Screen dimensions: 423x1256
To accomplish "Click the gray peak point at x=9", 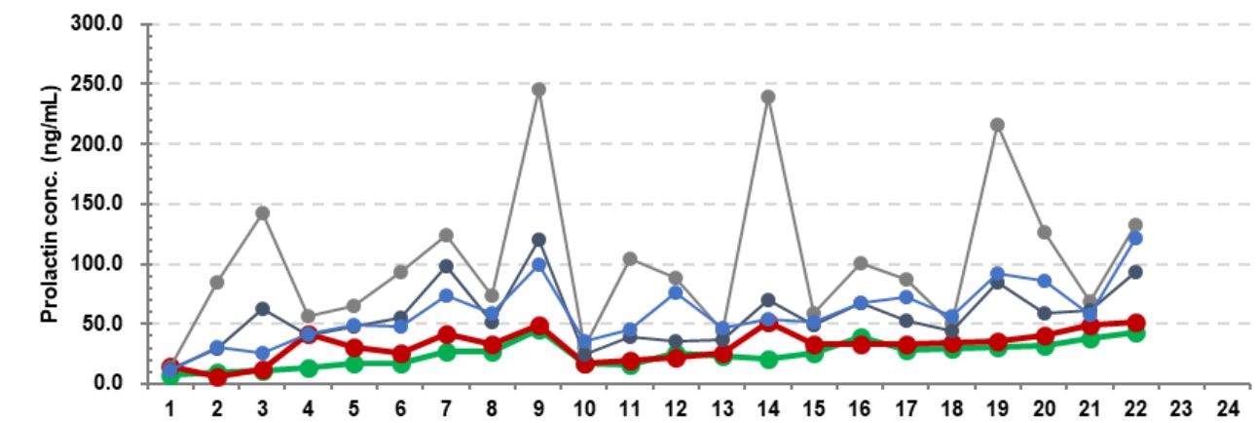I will (x=538, y=90).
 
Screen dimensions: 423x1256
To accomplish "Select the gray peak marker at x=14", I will (x=767, y=96).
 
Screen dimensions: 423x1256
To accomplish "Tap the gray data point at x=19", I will (x=996, y=125).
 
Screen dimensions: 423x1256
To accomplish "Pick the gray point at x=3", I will (x=262, y=212).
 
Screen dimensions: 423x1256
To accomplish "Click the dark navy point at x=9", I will (x=538, y=240).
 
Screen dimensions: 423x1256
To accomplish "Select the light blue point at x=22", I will (x=1134, y=238).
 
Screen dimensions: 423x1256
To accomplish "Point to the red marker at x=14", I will (x=767, y=323).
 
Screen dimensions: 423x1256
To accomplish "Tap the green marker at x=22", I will (x=1134, y=333).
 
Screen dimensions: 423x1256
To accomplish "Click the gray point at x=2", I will (x=216, y=283).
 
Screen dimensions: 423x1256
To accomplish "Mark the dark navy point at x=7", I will (x=446, y=266).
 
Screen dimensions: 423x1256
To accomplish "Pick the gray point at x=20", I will (x=1043, y=232).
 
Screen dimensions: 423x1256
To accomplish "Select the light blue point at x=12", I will (x=676, y=292).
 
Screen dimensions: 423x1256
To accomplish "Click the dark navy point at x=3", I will (x=262, y=309).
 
